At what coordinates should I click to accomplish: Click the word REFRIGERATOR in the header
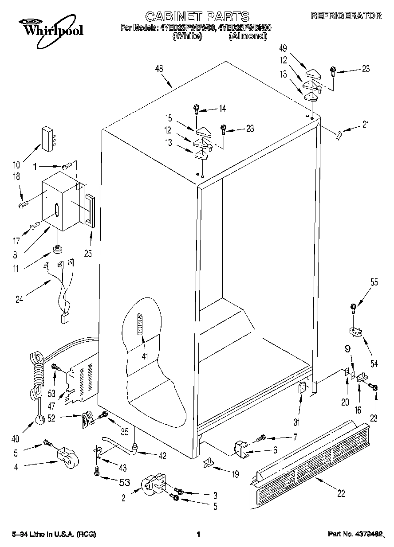346,16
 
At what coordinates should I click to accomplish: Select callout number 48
159,69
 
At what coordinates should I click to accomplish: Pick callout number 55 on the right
374,282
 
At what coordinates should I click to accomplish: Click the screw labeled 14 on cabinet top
196,108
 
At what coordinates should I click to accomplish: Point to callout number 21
365,125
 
